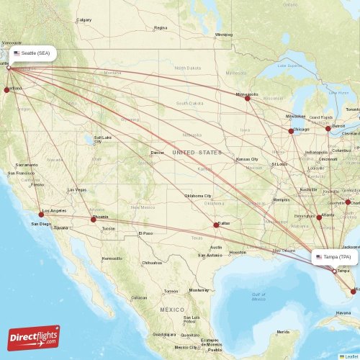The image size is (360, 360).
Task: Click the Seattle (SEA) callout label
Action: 33,53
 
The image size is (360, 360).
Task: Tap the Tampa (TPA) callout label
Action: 335,256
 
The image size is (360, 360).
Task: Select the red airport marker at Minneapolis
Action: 248,98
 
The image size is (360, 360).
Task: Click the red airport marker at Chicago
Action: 291,131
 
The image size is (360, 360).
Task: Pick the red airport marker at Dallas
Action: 216,225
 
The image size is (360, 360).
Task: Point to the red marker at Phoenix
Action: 93,220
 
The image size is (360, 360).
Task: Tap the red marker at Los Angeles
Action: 42,213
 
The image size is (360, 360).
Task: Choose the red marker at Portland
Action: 7,90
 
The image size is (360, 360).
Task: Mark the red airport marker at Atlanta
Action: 319,217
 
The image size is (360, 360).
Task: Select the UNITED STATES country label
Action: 197,153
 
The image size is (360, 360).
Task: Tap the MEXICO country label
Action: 172,309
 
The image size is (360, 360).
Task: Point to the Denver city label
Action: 158,153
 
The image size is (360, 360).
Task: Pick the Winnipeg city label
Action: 224,34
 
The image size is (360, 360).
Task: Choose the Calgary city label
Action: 84,20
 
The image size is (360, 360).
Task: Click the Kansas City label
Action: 248,158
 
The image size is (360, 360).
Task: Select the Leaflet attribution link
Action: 349,356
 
